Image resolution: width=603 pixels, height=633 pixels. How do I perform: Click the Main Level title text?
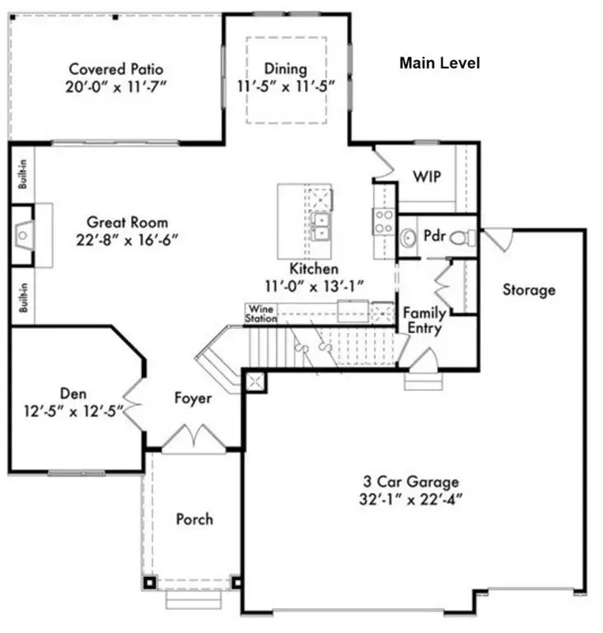point(439,63)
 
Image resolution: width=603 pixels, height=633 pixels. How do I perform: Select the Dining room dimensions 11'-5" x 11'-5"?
point(285,85)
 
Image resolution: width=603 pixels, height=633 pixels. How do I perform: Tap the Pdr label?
point(434,235)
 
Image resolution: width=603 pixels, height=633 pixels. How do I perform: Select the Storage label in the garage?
point(528,290)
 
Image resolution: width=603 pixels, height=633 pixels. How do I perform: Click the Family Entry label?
point(424,321)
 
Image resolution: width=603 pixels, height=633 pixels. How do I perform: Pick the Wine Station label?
point(261,313)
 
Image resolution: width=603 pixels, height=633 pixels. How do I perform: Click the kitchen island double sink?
point(320,225)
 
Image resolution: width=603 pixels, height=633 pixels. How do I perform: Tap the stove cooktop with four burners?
point(384,221)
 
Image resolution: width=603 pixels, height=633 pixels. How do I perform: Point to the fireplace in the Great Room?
point(25,235)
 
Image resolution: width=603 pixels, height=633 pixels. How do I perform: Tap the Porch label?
point(194,519)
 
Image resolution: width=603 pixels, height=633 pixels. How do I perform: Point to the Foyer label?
point(193,399)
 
